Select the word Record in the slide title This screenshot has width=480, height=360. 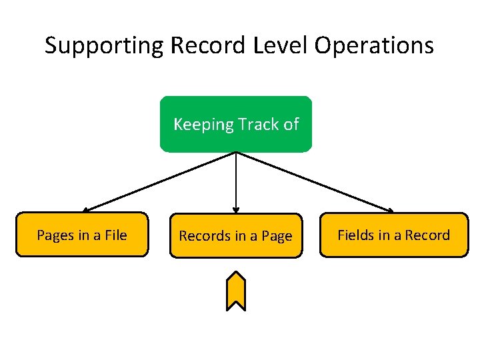(209, 46)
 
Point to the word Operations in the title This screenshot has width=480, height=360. (375, 46)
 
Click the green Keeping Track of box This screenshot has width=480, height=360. (235, 124)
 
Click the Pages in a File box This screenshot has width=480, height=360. (81, 235)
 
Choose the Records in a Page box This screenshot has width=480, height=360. (235, 235)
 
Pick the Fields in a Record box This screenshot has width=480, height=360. (393, 235)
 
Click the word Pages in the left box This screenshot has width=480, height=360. (55, 235)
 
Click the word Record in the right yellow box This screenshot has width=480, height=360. (427, 235)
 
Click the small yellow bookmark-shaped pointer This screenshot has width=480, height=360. (235, 291)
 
